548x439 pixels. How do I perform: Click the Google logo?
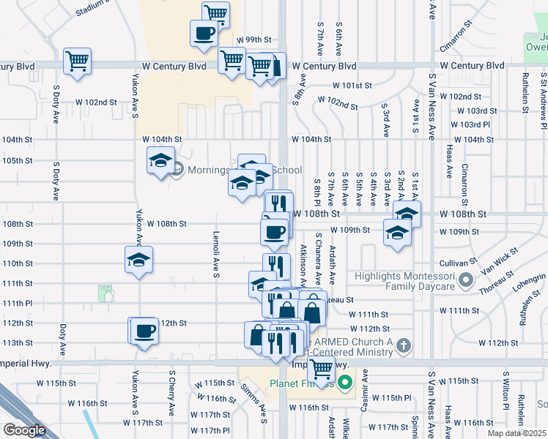(24, 430)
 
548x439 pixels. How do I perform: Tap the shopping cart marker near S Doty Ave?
(77, 61)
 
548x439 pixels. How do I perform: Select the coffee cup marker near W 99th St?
(204, 32)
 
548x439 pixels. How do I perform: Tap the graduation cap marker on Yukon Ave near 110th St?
(138, 260)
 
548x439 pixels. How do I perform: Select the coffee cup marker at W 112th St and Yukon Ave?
(144, 331)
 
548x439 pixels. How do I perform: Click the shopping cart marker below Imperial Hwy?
(321, 370)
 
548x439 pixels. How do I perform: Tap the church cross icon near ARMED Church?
(402, 344)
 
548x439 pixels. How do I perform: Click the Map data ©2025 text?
(516, 433)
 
